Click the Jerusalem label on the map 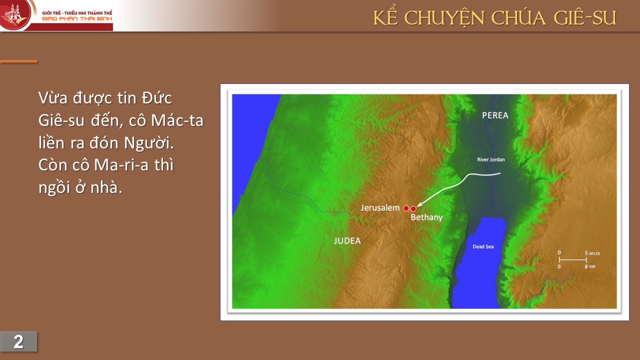point(380,207)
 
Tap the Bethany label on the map point(426,217)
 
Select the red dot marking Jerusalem point(406,208)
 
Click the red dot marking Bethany point(413,209)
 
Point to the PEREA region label point(495,115)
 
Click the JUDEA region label point(347,241)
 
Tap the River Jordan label point(491,159)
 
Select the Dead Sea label point(483,246)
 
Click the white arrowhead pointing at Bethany point(419,204)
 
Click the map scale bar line point(573,259)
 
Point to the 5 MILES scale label point(592,253)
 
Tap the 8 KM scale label point(589,266)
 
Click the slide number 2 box point(18,341)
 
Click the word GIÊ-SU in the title point(585,17)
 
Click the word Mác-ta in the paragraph point(177,120)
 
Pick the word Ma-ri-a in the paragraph point(121,165)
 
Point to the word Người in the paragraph point(149,143)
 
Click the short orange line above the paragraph point(18,61)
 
